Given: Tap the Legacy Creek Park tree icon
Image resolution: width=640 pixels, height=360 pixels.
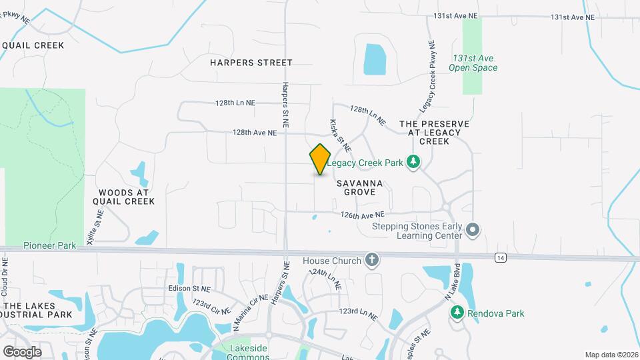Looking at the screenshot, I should [414, 162].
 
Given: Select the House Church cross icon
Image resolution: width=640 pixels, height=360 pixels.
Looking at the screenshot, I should [372, 261].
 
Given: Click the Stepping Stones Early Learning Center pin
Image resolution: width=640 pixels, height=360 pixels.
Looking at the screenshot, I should [473, 230].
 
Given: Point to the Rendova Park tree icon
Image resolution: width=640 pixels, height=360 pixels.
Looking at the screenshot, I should [457, 313].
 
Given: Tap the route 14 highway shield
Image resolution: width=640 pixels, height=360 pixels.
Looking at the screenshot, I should [501, 257].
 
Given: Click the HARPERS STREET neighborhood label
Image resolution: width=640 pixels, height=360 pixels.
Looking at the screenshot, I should [251, 63].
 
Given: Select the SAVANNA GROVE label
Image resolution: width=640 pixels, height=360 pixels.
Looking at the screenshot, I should [360, 187].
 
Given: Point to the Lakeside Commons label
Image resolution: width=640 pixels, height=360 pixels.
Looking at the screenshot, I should [248, 352].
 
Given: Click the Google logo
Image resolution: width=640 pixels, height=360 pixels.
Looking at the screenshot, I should [22, 351].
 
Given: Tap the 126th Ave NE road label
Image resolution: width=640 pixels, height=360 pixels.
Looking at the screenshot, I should [363, 215].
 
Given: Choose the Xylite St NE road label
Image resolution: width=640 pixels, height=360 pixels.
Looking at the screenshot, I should [99, 225].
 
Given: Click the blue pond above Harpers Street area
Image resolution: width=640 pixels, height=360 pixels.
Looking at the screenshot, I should [375, 59].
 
